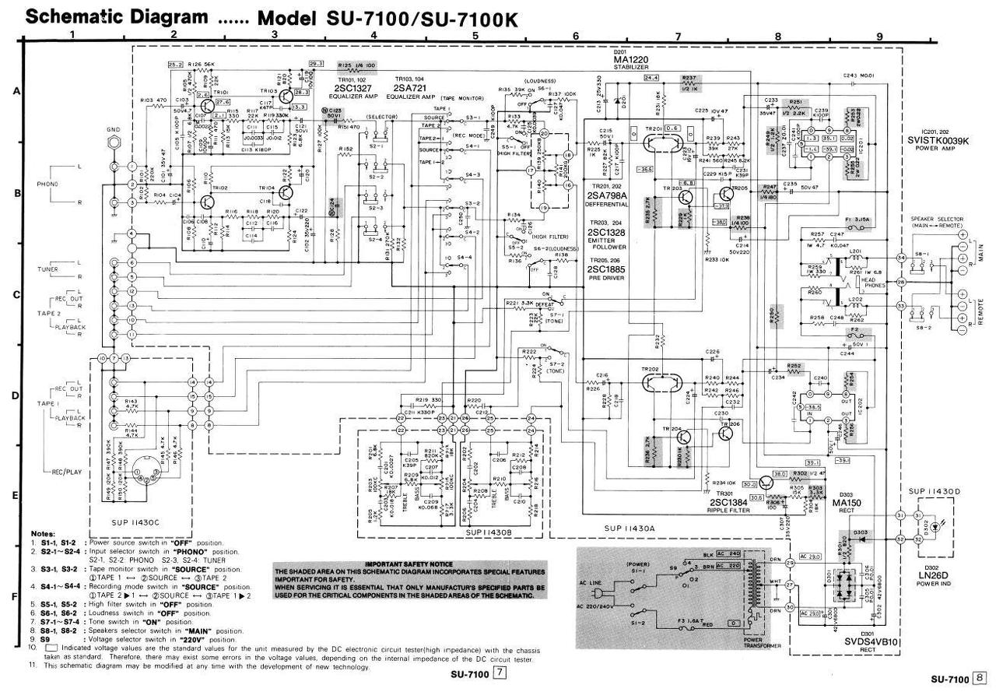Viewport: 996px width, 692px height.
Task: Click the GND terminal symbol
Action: (114, 142)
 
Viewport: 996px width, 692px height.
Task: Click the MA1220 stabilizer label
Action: (631, 60)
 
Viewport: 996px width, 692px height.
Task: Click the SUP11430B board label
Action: (489, 532)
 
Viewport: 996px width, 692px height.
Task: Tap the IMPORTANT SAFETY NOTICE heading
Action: (409, 564)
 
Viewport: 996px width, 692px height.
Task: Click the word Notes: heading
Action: (44, 532)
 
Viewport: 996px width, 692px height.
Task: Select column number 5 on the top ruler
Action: (474, 35)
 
